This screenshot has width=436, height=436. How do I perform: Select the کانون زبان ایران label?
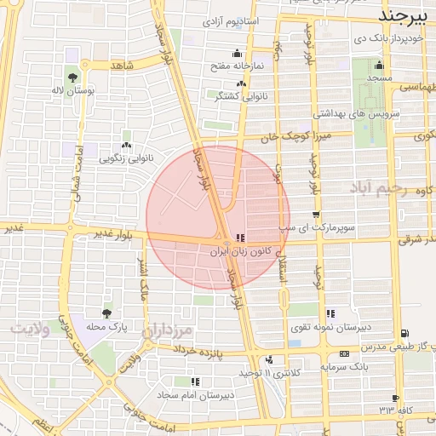tap(240, 252)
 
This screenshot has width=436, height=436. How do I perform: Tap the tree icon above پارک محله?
tap(106, 313)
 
